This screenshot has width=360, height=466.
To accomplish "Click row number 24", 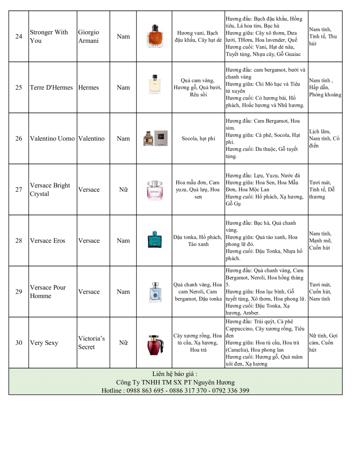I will point(18,36).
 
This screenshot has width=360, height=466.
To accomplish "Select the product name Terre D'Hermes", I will point(51,87).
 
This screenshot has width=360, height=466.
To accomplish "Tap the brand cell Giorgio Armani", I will point(88,36).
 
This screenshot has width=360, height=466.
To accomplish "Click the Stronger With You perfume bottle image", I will point(154,36).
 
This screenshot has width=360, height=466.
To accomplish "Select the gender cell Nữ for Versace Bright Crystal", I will point(123,190).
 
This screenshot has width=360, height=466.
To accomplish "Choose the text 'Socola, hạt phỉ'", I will point(198,139).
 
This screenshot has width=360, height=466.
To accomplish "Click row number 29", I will point(18,292).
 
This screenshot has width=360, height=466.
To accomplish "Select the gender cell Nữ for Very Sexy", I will point(123,343).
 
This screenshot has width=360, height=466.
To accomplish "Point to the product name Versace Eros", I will point(47,240).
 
